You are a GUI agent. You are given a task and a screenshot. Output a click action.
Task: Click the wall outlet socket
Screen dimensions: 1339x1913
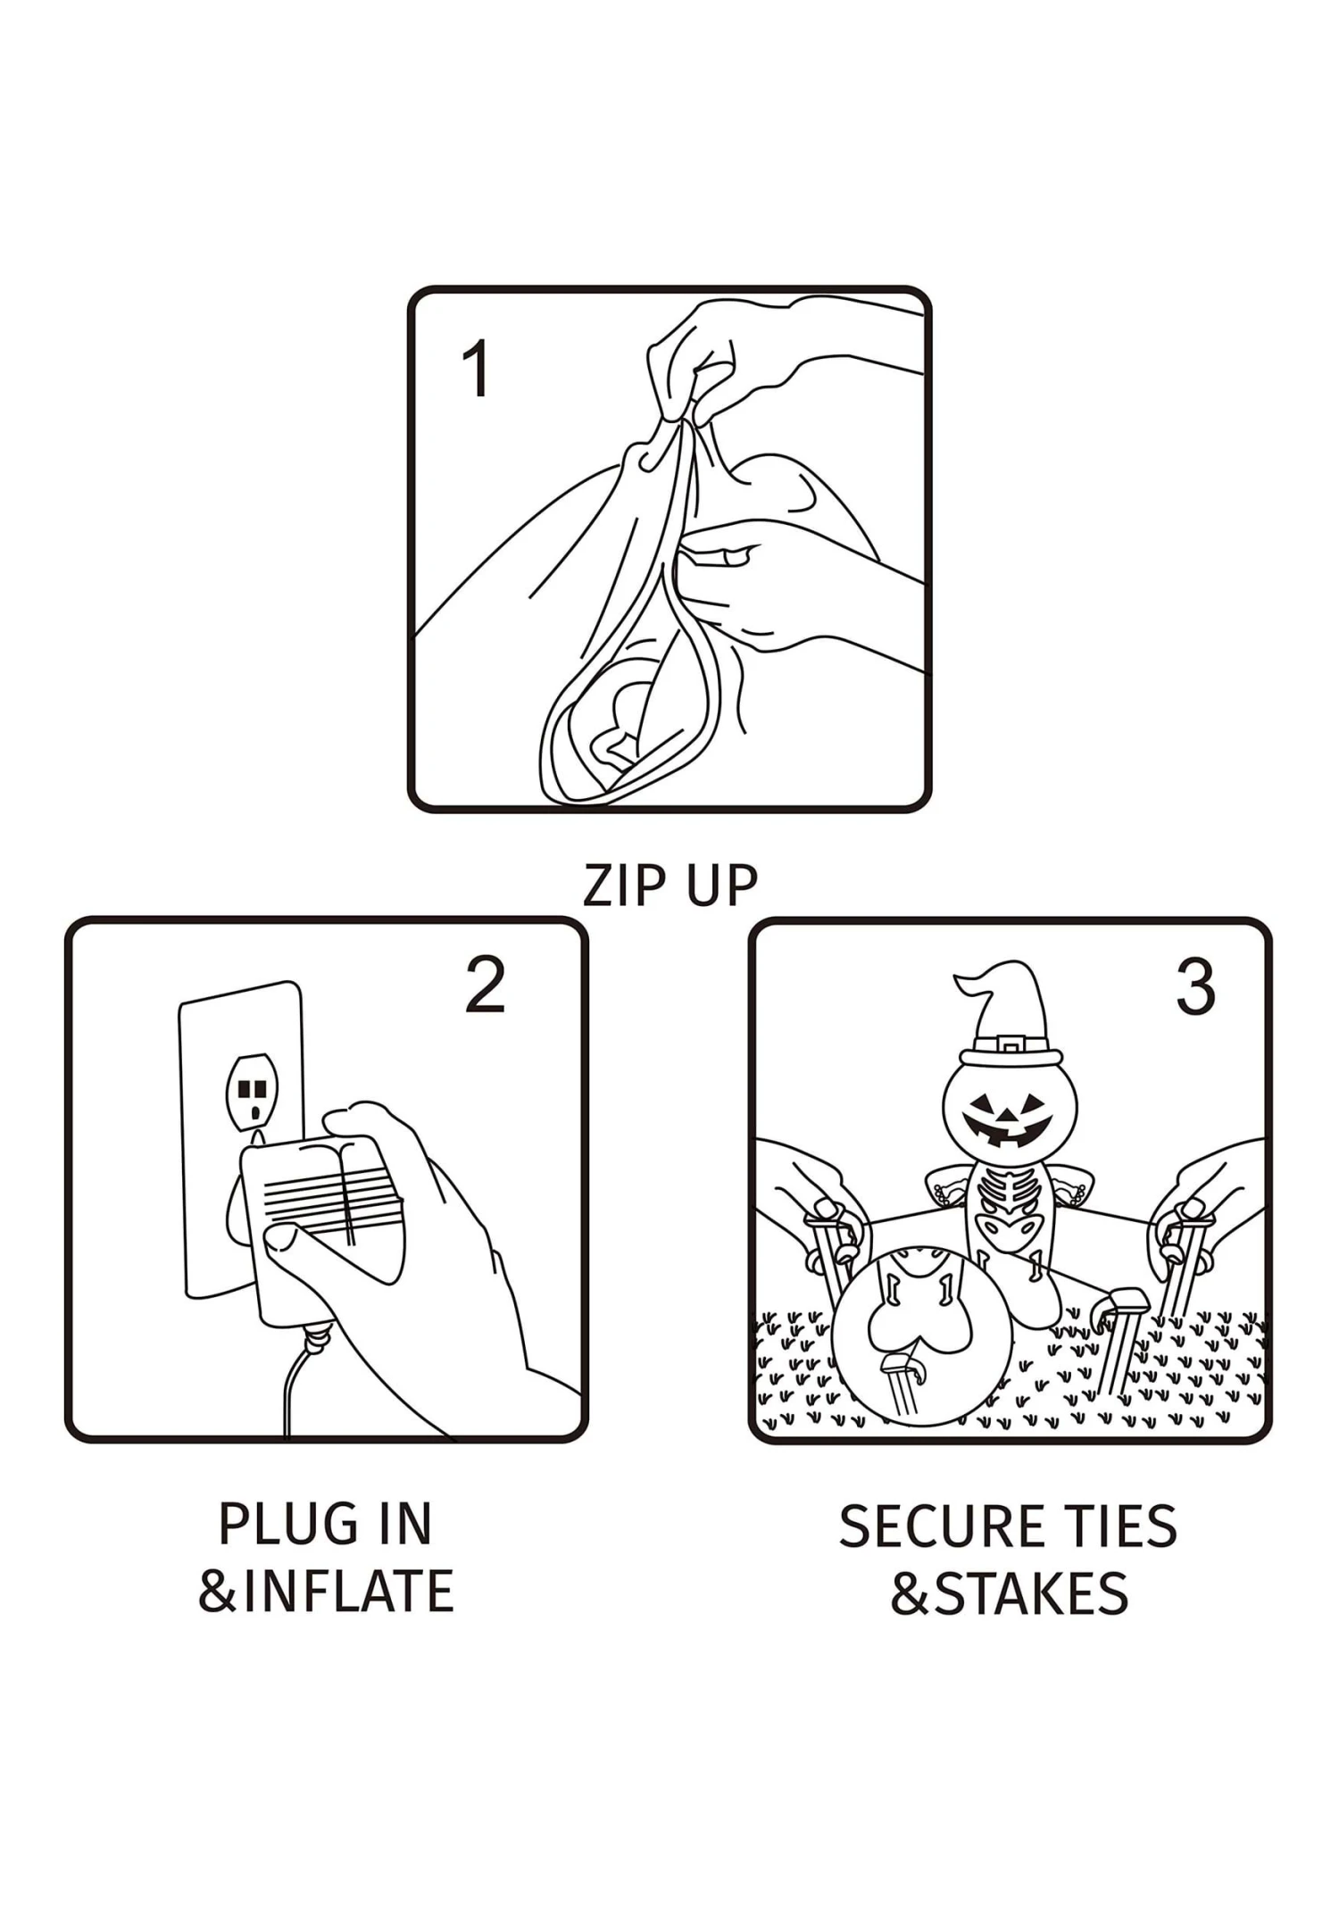point(252,1091)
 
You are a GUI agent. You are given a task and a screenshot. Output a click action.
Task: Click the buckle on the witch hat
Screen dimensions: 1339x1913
point(1009,1044)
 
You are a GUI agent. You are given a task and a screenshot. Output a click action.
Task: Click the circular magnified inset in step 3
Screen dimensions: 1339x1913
point(921,1336)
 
